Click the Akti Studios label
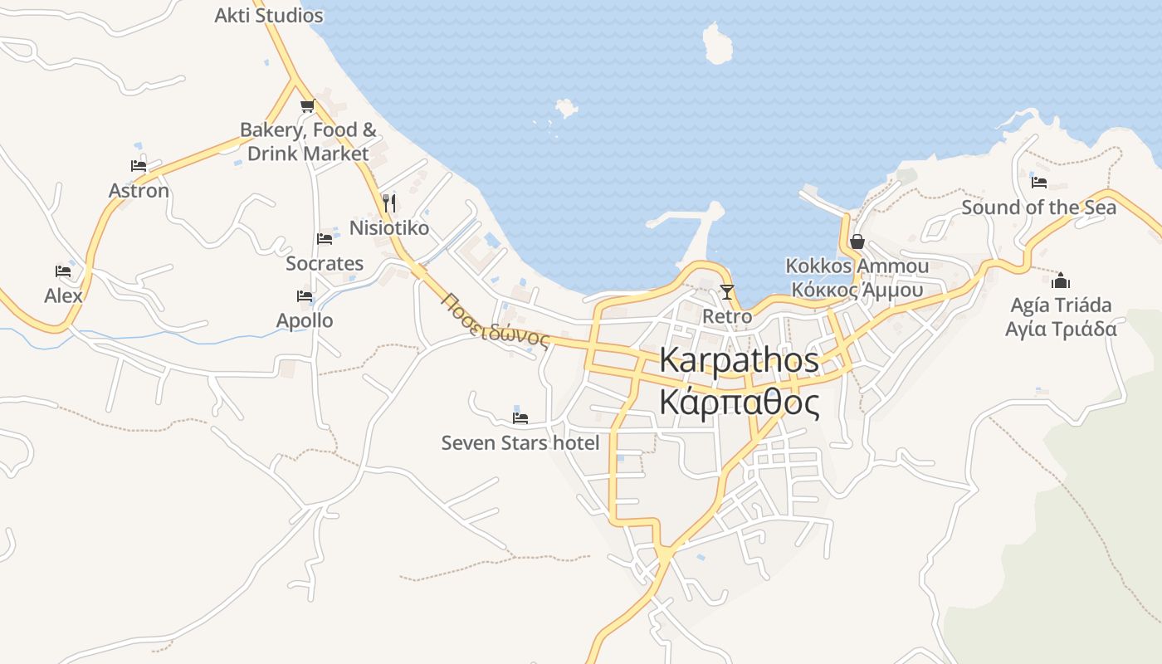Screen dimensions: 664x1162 [268, 15]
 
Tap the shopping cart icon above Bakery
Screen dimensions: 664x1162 [307, 105]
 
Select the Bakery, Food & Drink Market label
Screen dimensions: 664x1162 [308, 142]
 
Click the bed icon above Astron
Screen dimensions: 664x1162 [139, 166]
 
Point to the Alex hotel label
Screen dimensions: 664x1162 [64, 295]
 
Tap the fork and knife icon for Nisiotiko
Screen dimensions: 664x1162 [388, 203]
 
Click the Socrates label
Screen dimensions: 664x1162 [325, 263]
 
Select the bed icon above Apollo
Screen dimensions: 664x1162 [305, 296]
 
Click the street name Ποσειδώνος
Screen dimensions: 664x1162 [496, 320]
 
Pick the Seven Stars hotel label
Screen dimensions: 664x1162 [520, 442]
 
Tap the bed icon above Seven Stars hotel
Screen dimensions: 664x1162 [520, 417]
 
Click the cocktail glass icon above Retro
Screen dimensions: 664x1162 [727, 291]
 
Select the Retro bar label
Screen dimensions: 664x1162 [727, 316]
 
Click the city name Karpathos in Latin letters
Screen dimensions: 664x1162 [739, 360]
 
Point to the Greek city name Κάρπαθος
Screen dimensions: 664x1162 [739, 403]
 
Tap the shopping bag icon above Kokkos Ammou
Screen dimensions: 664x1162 [857, 242]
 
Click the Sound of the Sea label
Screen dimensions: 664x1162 [1038, 207]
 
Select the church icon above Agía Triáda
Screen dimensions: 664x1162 [1060, 281]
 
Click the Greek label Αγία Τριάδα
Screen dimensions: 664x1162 [1060, 329]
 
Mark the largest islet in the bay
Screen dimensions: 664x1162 [716, 43]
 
